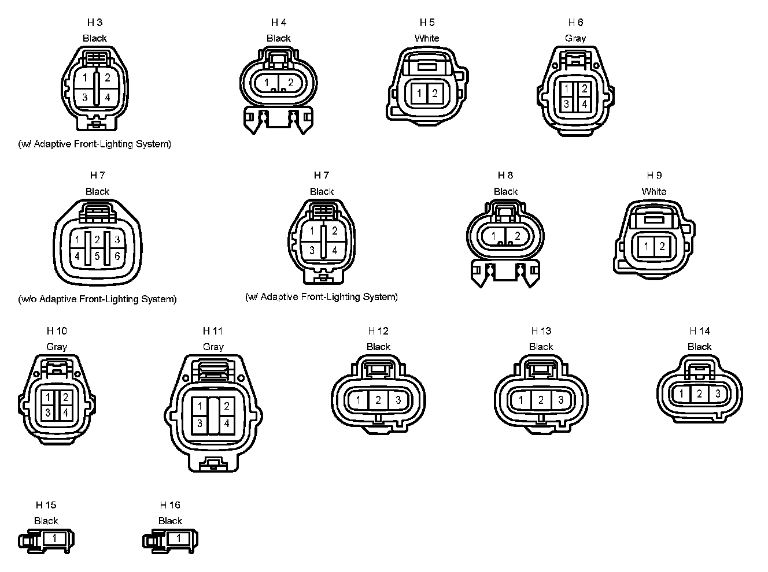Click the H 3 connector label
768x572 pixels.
pyautogui.click(x=95, y=23)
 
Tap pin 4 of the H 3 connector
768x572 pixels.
pyautogui.click(x=108, y=98)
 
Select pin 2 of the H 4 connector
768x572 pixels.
pyautogui.click(x=290, y=83)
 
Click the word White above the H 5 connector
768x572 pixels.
pyautogui.click(x=427, y=38)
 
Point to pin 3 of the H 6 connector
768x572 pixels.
pyautogui.click(x=567, y=105)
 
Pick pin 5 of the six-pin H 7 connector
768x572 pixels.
pyautogui.click(x=97, y=256)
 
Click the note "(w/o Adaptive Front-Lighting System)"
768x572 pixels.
pyautogui.click(x=97, y=299)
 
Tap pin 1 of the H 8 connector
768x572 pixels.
pyautogui.click(x=494, y=236)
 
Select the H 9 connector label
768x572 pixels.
pyautogui.click(x=654, y=175)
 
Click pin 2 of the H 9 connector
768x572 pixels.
pyautogui.click(x=662, y=247)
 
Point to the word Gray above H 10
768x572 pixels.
pyautogui.click(x=57, y=347)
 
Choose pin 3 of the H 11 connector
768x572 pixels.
pyautogui.click(x=200, y=424)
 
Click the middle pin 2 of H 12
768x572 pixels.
pyautogui.click(x=378, y=400)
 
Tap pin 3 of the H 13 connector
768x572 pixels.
pyautogui.click(x=560, y=400)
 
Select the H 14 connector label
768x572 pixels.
pyautogui.click(x=700, y=331)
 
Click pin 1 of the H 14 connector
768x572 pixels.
pyautogui.click(x=682, y=394)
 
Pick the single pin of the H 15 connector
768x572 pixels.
pyautogui.click(x=54, y=538)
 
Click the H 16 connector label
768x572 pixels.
pyautogui.click(x=170, y=505)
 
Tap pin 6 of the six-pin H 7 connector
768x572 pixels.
pyautogui.click(x=117, y=256)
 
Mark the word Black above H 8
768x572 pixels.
pyautogui.click(x=505, y=191)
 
